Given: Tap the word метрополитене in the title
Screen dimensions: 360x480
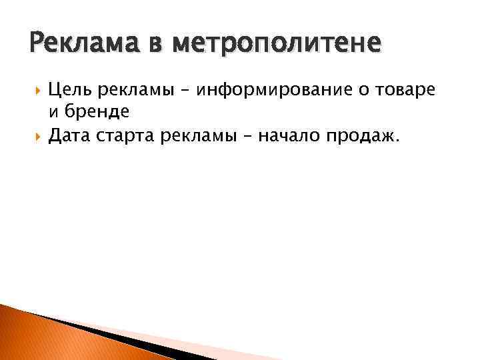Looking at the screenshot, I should [x=277, y=45].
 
